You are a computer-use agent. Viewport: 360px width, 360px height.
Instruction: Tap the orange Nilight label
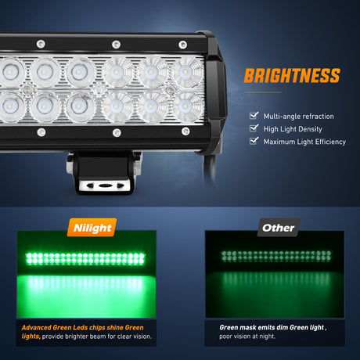point(92,228)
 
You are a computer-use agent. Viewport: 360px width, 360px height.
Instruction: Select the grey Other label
point(278,228)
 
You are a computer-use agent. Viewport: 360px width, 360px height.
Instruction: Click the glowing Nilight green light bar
point(85,258)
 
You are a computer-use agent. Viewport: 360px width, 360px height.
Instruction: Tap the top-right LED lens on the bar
point(187,72)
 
